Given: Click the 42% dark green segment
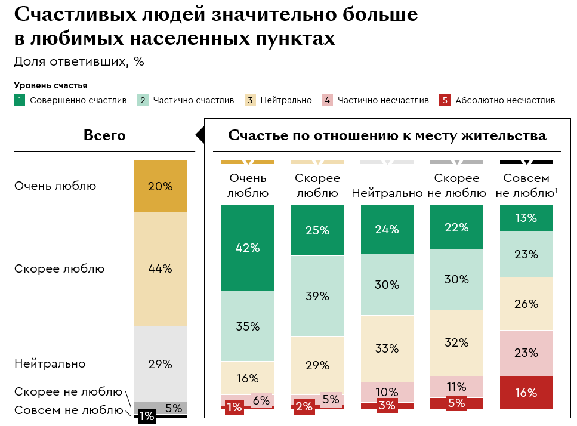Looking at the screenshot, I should (248, 248).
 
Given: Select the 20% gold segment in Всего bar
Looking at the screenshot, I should (160, 186).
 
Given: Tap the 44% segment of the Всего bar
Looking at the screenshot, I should (160, 268).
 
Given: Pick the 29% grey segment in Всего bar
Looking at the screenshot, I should (160, 363).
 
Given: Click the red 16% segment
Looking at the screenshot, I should (526, 393).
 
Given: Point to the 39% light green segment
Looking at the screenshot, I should (317, 296).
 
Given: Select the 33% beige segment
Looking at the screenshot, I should (387, 348).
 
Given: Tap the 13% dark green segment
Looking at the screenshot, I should (526, 218).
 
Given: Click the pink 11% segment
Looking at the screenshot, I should (456, 386).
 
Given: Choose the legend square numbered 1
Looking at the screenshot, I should (20, 100).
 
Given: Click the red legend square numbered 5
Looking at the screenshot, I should (444, 100).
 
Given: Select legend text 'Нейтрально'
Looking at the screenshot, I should (286, 100).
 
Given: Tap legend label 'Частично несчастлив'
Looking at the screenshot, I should (383, 100).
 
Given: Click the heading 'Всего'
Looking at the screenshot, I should (104, 135).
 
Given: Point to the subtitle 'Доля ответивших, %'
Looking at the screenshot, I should (79, 61).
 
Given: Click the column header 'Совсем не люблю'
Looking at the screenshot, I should (526, 185).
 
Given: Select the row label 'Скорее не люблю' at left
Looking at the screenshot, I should (67, 391).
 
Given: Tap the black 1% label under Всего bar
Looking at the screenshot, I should (147, 416).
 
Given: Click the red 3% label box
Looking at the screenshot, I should (387, 406).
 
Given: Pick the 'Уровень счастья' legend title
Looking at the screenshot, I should (51, 85).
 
